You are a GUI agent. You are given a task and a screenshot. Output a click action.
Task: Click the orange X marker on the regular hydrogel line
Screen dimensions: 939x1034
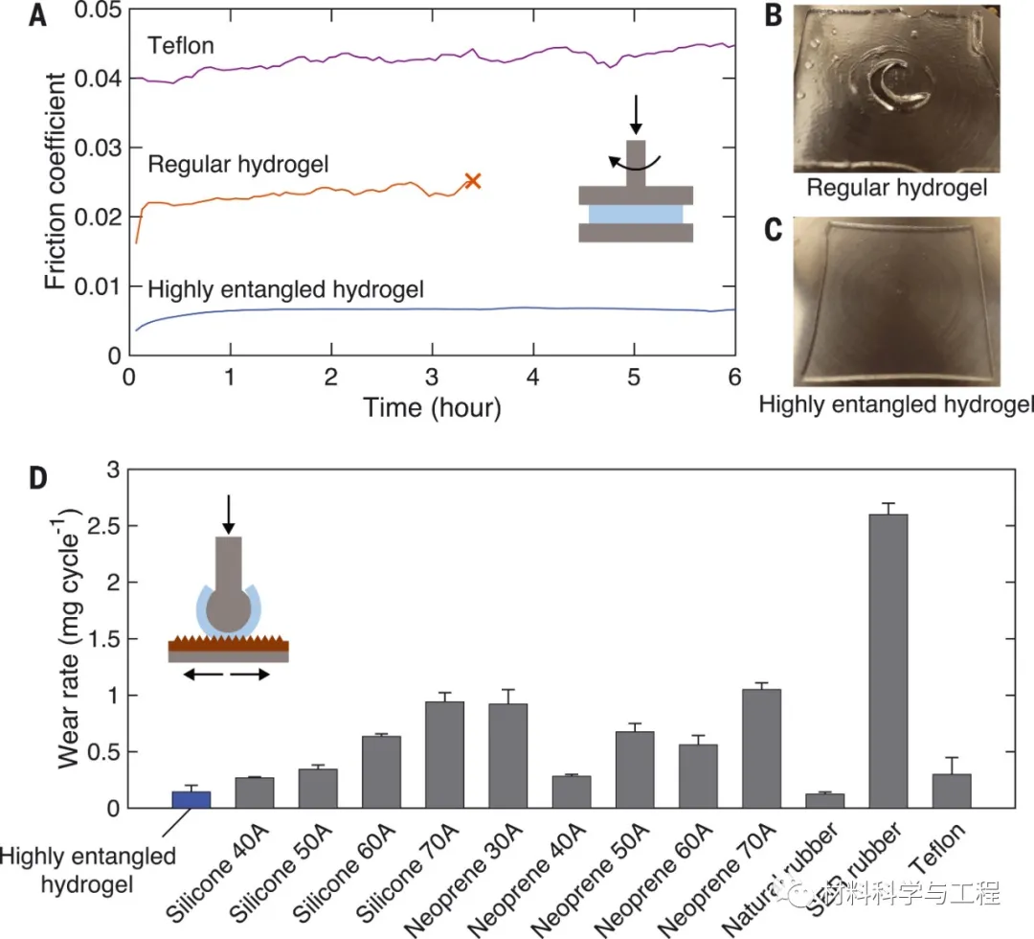click(471, 180)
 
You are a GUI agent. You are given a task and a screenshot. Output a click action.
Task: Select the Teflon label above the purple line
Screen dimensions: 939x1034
click(180, 44)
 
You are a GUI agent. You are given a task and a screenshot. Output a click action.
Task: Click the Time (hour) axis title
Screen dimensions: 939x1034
click(432, 407)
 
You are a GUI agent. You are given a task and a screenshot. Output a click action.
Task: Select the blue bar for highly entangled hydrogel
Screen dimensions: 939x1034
click(191, 799)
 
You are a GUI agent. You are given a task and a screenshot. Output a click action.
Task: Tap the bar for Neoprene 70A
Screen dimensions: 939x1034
click(761, 748)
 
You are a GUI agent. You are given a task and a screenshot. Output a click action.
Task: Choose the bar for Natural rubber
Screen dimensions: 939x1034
click(824, 801)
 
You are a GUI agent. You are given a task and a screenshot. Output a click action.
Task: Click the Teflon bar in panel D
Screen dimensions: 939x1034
click(951, 790)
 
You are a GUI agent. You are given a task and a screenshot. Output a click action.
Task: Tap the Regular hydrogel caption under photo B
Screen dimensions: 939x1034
click(896, 188)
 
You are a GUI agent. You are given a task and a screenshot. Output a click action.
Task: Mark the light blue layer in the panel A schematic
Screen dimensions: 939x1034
click(636, 213)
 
